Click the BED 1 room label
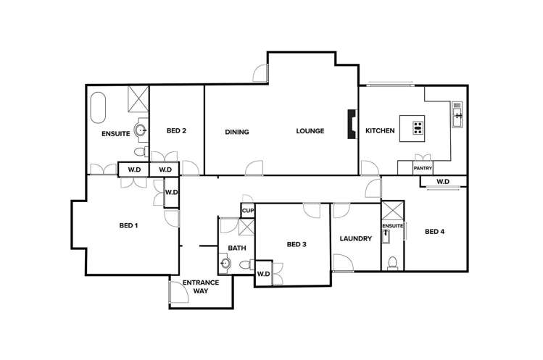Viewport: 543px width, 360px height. click(128, 225)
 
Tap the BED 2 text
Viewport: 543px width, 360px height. click(176, 131)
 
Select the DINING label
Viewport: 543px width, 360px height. click(236, 132)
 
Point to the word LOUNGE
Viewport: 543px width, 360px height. click(310, 131)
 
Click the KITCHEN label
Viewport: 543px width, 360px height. click(380, 131)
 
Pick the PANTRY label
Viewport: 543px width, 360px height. click(423, 169)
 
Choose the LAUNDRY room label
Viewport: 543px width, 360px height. click(355, 238)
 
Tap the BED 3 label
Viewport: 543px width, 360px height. click(297, 245)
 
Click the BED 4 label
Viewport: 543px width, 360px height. click(435, 232)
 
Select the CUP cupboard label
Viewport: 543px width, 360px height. click(248, 211)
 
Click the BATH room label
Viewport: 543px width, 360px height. click(237, 248)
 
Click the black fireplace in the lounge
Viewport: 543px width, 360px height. click(352, 124)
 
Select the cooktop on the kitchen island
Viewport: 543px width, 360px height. click(418, 128)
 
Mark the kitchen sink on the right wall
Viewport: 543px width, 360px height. click(457, 114)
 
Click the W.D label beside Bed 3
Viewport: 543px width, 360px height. click(263, 274)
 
